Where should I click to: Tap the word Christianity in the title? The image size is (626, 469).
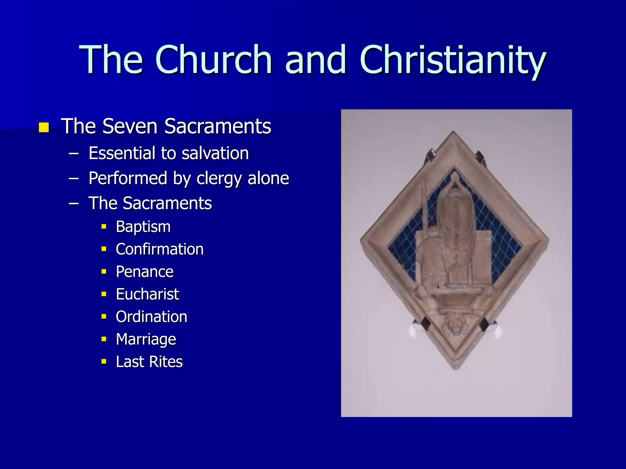click(453, 60)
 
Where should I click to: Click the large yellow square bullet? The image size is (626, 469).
click(44, 127)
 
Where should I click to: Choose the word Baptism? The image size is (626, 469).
click(143, 227)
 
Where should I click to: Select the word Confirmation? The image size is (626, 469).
click(160, 249)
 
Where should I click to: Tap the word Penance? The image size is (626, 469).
click(145, 272)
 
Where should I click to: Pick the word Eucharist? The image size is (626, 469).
click(147, 294)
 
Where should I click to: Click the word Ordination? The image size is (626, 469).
click(151, 317)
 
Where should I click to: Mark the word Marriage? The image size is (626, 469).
click(146, 340)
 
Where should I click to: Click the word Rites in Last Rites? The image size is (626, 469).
click(166, 362)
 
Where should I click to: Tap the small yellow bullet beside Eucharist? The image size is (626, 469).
click(104, 294)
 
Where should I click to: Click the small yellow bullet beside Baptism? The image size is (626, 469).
click(104, 227)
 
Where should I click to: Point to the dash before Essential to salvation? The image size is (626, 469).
click(74, 153)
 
